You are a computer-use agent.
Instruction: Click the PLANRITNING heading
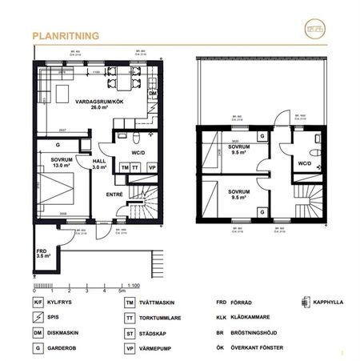click(x=65, y=36)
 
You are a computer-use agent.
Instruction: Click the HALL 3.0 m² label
click(x=99, y=164)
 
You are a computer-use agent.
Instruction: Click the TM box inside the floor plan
click(x=124, y=168)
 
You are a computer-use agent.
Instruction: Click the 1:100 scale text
click(x=135, y=284)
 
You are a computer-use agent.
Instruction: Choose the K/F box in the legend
click(x=38, y=303)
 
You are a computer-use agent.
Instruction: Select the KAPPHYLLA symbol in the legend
click(x=304, y=303)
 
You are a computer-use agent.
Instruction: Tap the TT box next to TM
click(x=137, y=168)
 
